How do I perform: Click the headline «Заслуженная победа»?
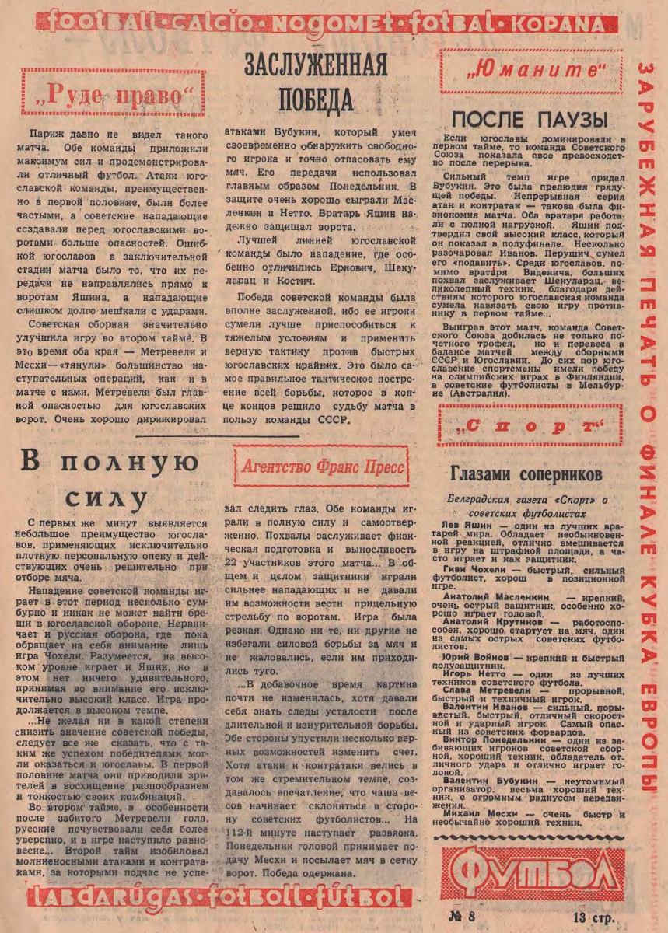tap(316, 82)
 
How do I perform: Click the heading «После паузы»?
tap(529, 119)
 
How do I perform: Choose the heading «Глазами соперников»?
tap(526, 473)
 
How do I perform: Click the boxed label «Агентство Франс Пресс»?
tap(321, 467)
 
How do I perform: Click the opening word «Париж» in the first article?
tap(44, 135)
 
